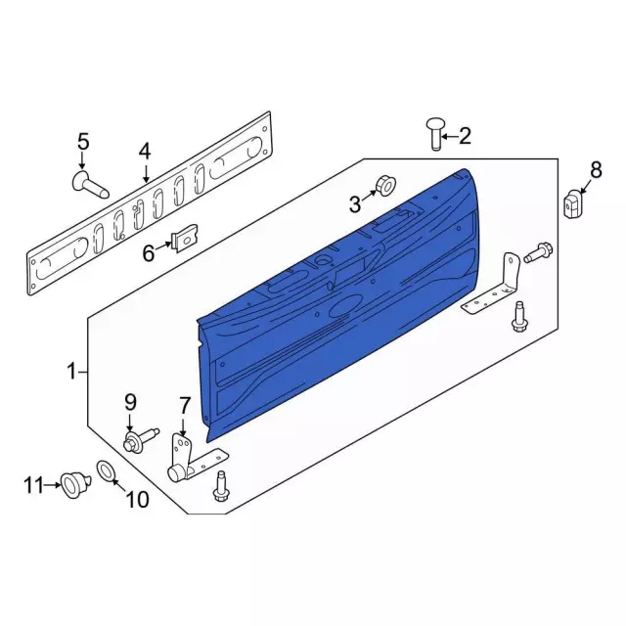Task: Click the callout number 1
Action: coord(70,371)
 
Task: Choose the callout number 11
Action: coord(34,483)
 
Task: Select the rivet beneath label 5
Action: coord(88,184)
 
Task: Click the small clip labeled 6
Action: coord(183,238)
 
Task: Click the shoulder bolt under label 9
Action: coord(135,441)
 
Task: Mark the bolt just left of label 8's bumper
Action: coord(536,254)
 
